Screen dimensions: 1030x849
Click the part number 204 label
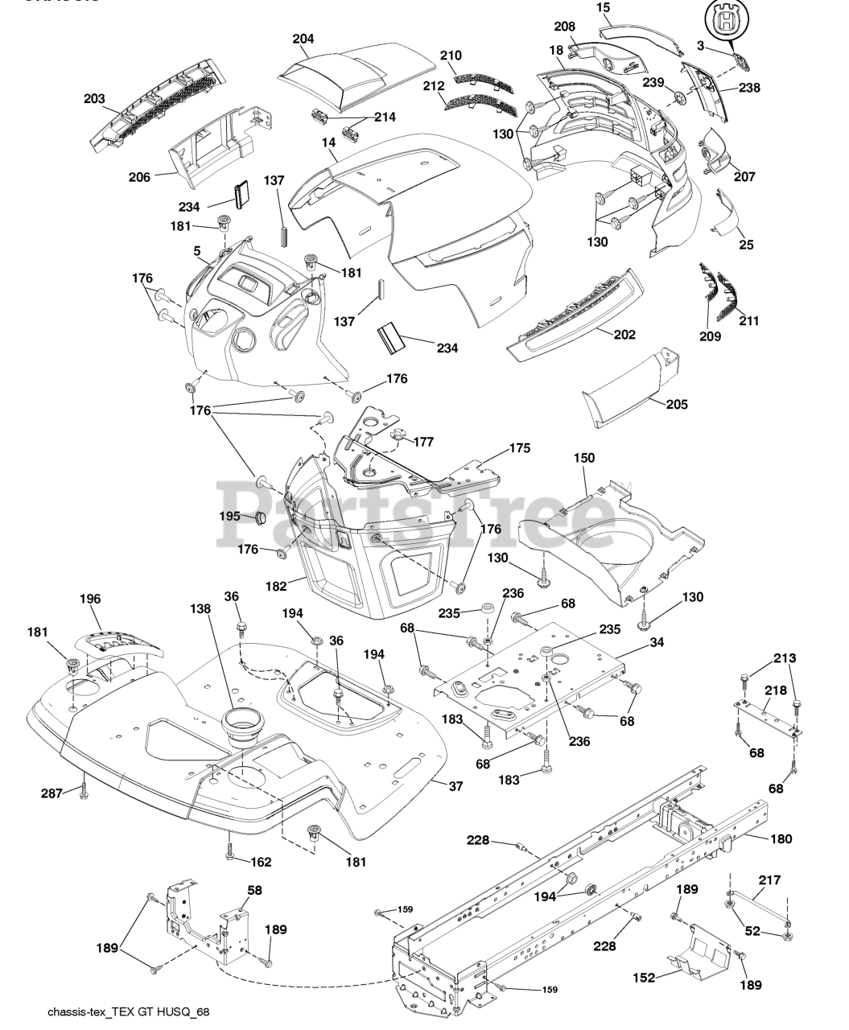click(x=303, y=39)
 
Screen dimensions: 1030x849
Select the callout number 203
click(x=94, y=99)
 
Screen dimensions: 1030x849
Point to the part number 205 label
click(x=677, y=405)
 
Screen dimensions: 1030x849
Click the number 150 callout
click(x=584, y=458)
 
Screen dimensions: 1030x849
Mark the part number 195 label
click(x=231, y=516)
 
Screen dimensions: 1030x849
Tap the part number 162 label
click(x=260, y=862)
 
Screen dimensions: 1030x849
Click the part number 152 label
click(x=643, y=978)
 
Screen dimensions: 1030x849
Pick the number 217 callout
click(x=770, y=880)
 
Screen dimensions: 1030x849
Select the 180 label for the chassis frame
click(x=781, y=838)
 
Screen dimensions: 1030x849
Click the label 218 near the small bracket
click(x=776, y=691)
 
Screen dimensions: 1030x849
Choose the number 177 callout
click(x=423, y=442)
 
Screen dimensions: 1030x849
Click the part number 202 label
click(x=624, y=334)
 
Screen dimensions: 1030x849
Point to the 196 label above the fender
click(x=90, y=599)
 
